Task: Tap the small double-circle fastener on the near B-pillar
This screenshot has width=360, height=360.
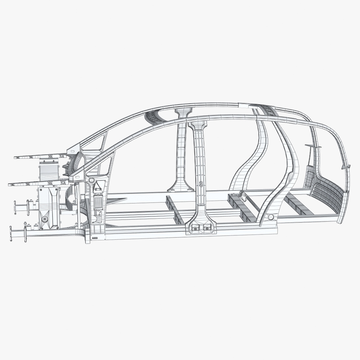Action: pos(200,184)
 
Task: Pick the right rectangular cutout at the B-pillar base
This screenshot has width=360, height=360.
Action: pos(207,229)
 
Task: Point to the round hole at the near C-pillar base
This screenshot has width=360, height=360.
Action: pos(271,217)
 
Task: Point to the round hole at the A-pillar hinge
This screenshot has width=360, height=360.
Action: pos(91,180)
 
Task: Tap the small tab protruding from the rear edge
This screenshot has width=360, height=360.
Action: pos(346,166)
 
